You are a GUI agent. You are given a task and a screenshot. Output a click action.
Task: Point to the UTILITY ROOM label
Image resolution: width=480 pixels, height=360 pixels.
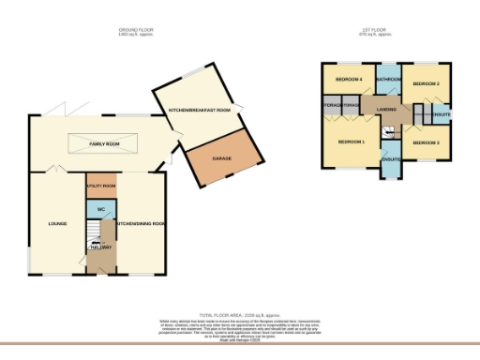click(x=100, y=187)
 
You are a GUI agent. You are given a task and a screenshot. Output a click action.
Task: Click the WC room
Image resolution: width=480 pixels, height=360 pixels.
click(x=101, y=209)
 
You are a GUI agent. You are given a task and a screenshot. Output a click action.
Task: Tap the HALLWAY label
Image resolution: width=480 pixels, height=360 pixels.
click(x=100, y=247)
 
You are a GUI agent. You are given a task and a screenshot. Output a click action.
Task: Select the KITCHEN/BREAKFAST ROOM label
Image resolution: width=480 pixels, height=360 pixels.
click(x=201, y=112)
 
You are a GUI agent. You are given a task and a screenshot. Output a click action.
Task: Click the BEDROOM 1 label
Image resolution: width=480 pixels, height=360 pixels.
click(x=351, y=142)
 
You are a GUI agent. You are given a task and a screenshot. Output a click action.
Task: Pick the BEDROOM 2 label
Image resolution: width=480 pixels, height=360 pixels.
click(x=427, y=83)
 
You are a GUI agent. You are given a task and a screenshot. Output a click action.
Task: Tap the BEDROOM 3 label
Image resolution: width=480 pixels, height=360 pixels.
click(x=425, y=142)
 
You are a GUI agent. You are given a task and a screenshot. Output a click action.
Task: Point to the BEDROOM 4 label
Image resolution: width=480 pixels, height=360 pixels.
click(x=349, y=80)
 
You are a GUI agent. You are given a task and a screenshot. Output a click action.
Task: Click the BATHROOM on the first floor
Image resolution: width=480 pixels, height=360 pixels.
click(x=389, y=80)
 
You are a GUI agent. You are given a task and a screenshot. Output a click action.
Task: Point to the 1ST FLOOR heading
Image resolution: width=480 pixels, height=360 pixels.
click(x=373, y=30)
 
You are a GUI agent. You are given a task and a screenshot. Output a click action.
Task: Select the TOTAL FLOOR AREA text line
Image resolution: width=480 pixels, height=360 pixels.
click(x=239, y=314)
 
